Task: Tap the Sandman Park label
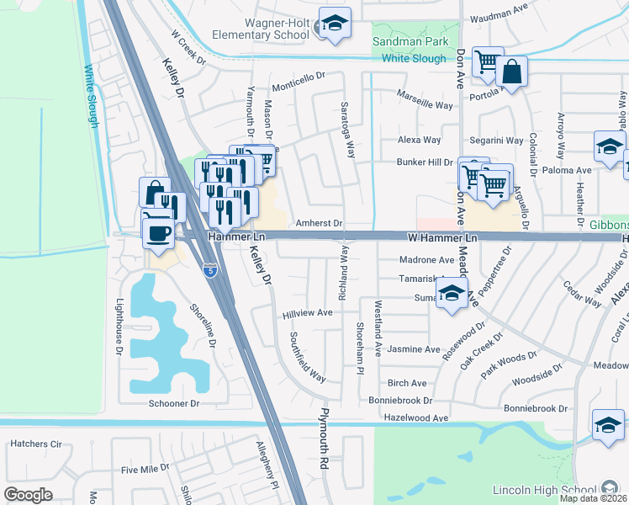(x=412, y=40)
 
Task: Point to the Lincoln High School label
(x=550, y=490)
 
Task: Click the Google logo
(x=28, y=494)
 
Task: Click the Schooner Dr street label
(x=173, y=404)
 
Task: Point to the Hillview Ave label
(x=308, y=312)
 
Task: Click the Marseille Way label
(x=425, y=105)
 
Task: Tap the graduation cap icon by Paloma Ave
(x=609, y=146)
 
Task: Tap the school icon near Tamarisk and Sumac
(x=452, y=295)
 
